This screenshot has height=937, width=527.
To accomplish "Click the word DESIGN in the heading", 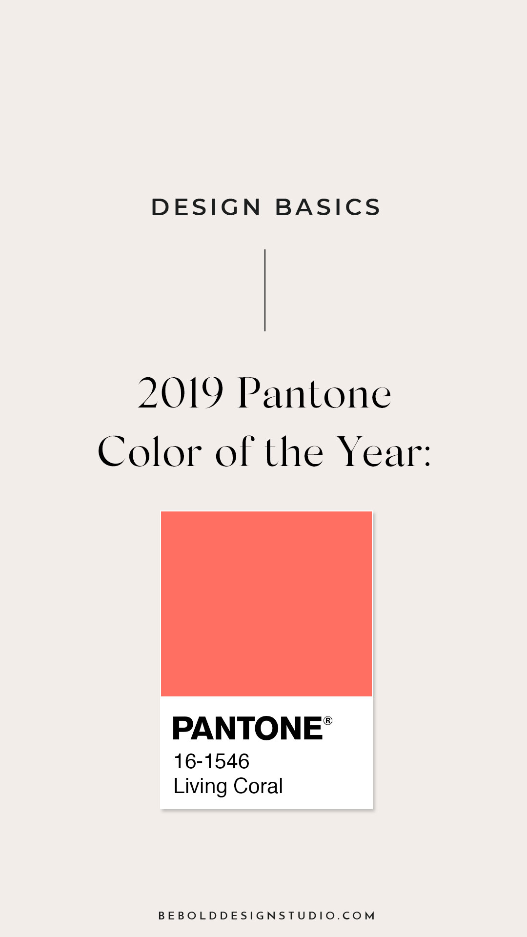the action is (206, 207).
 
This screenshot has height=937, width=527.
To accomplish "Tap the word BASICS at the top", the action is (327, 207).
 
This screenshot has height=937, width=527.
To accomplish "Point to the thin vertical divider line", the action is (265, 290).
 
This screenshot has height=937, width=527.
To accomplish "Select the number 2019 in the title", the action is (181, 393).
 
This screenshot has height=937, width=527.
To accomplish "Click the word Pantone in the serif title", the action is (315, 393).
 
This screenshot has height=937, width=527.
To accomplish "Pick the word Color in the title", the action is (150, 451).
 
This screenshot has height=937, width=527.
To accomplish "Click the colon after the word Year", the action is (427, 456).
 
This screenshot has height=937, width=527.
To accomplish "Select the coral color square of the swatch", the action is (266, 604).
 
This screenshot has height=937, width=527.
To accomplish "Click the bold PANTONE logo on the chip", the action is (248, 728).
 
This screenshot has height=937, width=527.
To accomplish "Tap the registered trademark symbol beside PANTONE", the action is (328, 721).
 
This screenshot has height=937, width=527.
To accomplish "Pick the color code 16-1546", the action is (211, 761).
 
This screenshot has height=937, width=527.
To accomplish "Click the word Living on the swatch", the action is (201, 787).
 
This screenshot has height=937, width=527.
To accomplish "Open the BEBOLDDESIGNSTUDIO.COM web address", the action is (266, 916).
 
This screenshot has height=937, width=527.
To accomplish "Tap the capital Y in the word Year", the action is (353, 451).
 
